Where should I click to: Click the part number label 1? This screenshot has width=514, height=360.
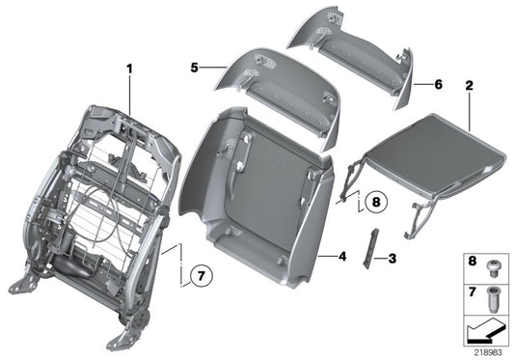coord(128,68)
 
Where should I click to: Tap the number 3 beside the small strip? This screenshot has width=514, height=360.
coord(392,258)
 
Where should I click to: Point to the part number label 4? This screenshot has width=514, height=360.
coord(341,257)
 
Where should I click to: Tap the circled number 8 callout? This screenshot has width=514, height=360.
coord(374,204)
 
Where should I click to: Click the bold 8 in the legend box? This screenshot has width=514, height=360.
coord(472,262)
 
